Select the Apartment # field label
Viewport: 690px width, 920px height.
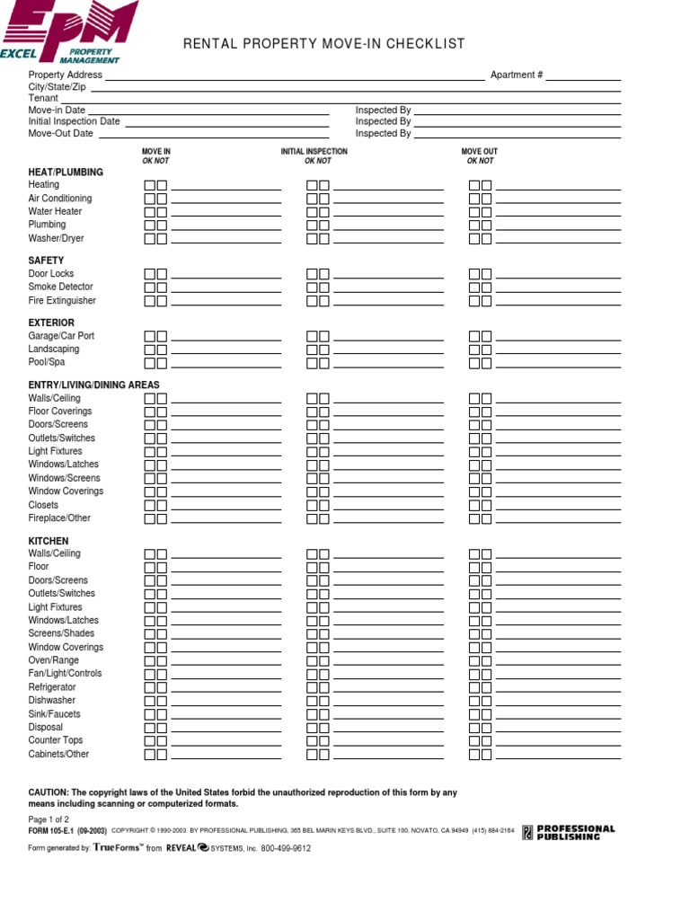point(516,75)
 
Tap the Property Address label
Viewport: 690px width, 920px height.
point(66,75)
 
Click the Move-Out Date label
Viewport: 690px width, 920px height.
point(60,133)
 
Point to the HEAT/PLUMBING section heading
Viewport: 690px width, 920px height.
point(66,172)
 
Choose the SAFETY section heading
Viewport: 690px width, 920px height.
point(46,261)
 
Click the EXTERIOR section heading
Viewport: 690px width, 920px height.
point(51,323)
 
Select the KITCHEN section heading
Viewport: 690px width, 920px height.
point(49,541)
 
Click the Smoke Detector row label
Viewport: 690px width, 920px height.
point(60,287)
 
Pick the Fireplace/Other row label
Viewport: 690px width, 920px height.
point(59,517)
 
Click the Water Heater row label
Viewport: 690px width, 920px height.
point(55,211)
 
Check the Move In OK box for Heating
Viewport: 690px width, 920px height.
point(150,185)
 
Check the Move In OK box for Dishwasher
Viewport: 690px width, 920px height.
point(150,701)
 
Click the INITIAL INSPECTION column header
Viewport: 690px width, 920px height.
point(314,152)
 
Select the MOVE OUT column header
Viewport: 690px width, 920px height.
point(479,152)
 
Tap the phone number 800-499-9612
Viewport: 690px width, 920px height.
point(286,848)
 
